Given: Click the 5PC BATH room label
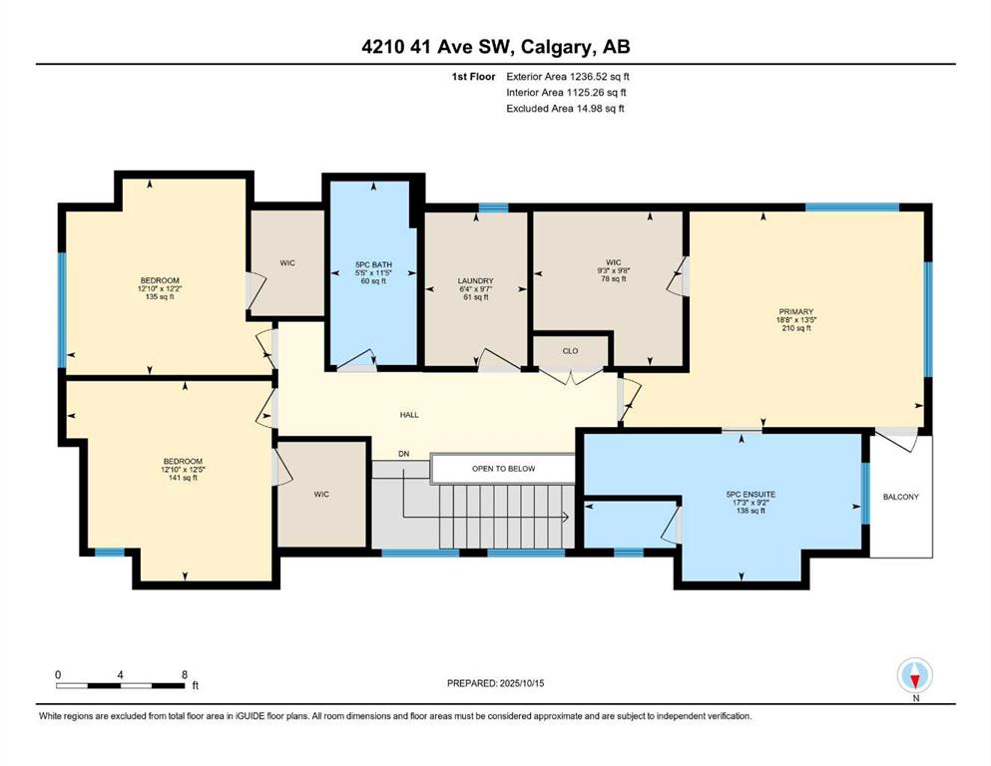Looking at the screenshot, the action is click(373, 264).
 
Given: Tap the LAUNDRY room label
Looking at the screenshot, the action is click(475, 281).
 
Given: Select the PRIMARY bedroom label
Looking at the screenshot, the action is click(795, 311).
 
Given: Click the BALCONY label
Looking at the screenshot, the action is click(900, 497).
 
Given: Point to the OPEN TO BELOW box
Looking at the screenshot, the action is click(503, 469).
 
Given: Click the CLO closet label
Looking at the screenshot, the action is click(570, 351).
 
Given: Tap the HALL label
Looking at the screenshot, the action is click(409, 415).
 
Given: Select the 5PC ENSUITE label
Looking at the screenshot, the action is click(750, 495).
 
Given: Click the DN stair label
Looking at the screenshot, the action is click(404, 454).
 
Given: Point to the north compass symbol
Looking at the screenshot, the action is click(914, 675).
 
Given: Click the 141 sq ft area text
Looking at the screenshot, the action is click(183, 478).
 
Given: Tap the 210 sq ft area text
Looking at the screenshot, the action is click(795, 328).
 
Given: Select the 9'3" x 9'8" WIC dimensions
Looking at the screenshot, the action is click(613, 270).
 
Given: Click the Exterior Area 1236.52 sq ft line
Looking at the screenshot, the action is click(568, 77).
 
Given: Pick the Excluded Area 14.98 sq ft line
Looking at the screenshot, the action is click(565, 108).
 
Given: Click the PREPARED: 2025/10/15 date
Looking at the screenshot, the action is click(495, 683).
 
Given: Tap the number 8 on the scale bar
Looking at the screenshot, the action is click(185, 674).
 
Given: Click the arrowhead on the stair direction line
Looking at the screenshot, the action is click(566, 518).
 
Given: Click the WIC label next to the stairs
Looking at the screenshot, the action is click(321, 495).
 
